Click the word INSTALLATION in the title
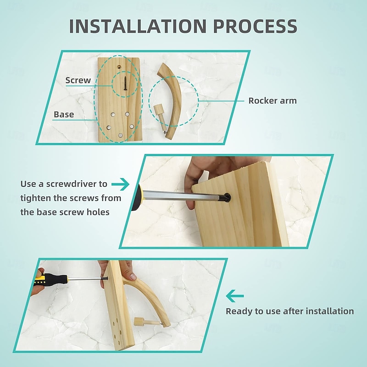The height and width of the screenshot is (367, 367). coord(138,26)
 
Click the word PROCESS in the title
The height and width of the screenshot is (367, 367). coord(255,26)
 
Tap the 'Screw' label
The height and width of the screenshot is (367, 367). coord(78,80)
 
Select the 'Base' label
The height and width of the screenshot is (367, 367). coord(64,114)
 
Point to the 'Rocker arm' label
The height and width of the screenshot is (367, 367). coord(272,100)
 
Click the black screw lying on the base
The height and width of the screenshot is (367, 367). coord(125,83)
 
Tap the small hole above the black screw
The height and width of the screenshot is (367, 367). coord(119,67)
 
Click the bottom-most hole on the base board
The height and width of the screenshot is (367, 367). coord(120,135)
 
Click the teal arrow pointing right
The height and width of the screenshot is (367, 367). coord(120,184)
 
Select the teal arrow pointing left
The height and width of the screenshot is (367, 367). coord(235,296)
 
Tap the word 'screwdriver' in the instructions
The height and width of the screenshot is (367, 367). coord(77,184)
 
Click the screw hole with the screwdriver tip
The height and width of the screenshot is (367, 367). coord(227,198)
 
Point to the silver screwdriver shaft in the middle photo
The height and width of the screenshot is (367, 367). coord(183,195)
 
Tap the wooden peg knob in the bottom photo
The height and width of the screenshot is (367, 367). coord(138,322)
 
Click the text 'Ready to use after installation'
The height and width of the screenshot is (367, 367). coord(290,311)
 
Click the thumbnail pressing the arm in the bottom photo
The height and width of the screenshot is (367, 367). coord(133,277)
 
